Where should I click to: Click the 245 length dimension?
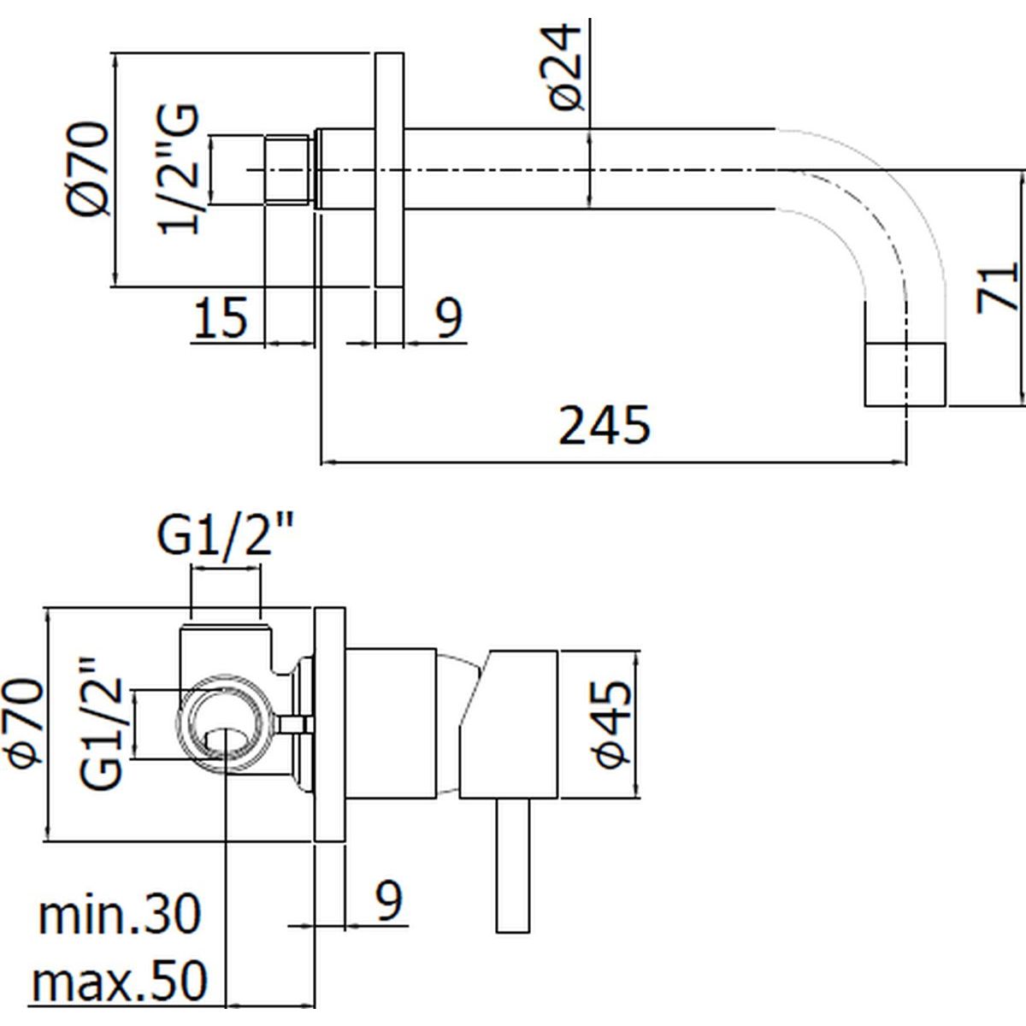point(604,426)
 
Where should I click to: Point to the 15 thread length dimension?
point(220,318)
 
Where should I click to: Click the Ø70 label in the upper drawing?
point(91,169)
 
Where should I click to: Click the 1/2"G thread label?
point(180,168)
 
